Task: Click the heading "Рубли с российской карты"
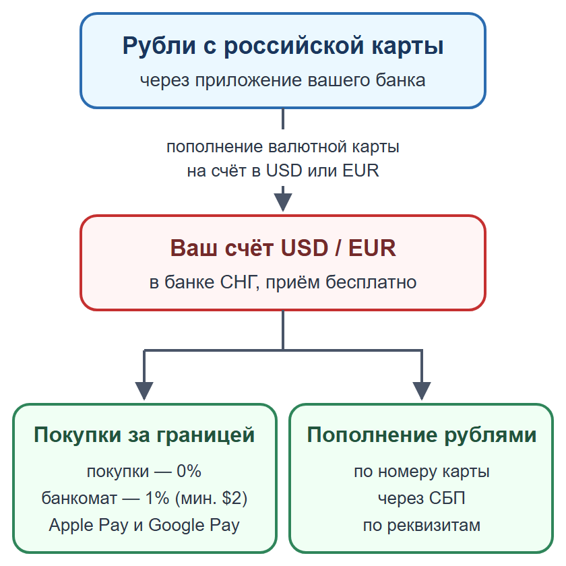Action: click(283, 46)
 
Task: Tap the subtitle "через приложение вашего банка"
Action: click(283, 80)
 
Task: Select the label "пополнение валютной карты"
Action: click(283, 147)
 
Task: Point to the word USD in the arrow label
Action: click(284, 170)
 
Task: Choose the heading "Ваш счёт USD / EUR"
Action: click(283, 248)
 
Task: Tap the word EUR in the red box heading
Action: click(372, 248)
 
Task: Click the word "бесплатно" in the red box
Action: click(371, 282)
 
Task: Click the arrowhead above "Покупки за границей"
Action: click(144, 391)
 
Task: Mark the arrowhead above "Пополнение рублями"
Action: click(422, 391)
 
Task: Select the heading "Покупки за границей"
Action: click(144, 435)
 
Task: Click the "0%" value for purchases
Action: click(189, 471)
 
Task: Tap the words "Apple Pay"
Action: click(88, 526)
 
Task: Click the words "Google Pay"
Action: click(194, 526)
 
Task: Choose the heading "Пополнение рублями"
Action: click(422, 435)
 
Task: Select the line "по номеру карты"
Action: click(422, 472)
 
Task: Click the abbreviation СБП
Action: click(447, 498)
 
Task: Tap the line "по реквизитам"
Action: click(422, 526)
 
